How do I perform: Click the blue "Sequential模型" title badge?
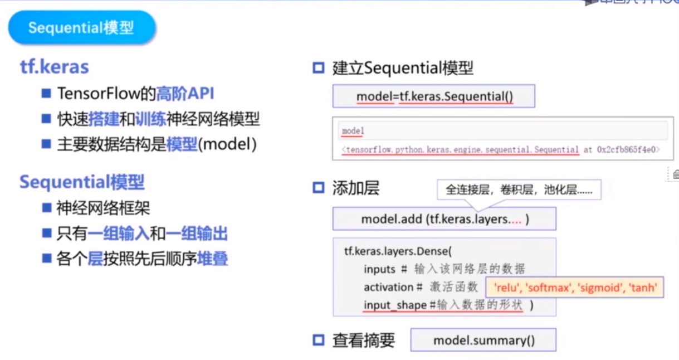(x=81, y=28)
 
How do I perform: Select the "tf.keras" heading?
(x=54, y=67)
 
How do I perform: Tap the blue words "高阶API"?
(x=185, y=93)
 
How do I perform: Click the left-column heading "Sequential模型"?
(x=82, y=182)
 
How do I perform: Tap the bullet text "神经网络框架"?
(x=103, y=208)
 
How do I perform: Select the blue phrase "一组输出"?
(x=197, y=233)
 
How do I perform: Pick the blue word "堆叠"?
(x=212, y=259)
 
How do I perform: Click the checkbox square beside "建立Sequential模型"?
(x=318, y=69)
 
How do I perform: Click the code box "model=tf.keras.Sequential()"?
(x=434, y=96)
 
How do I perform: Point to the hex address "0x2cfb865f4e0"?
(x=628, y=149)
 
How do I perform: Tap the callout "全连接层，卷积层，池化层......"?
(x=519, y=190)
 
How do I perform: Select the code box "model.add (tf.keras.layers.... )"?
(x=444, y=219)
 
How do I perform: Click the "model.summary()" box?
(x=483, y=340)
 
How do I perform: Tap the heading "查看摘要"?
(x=364, y=340)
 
